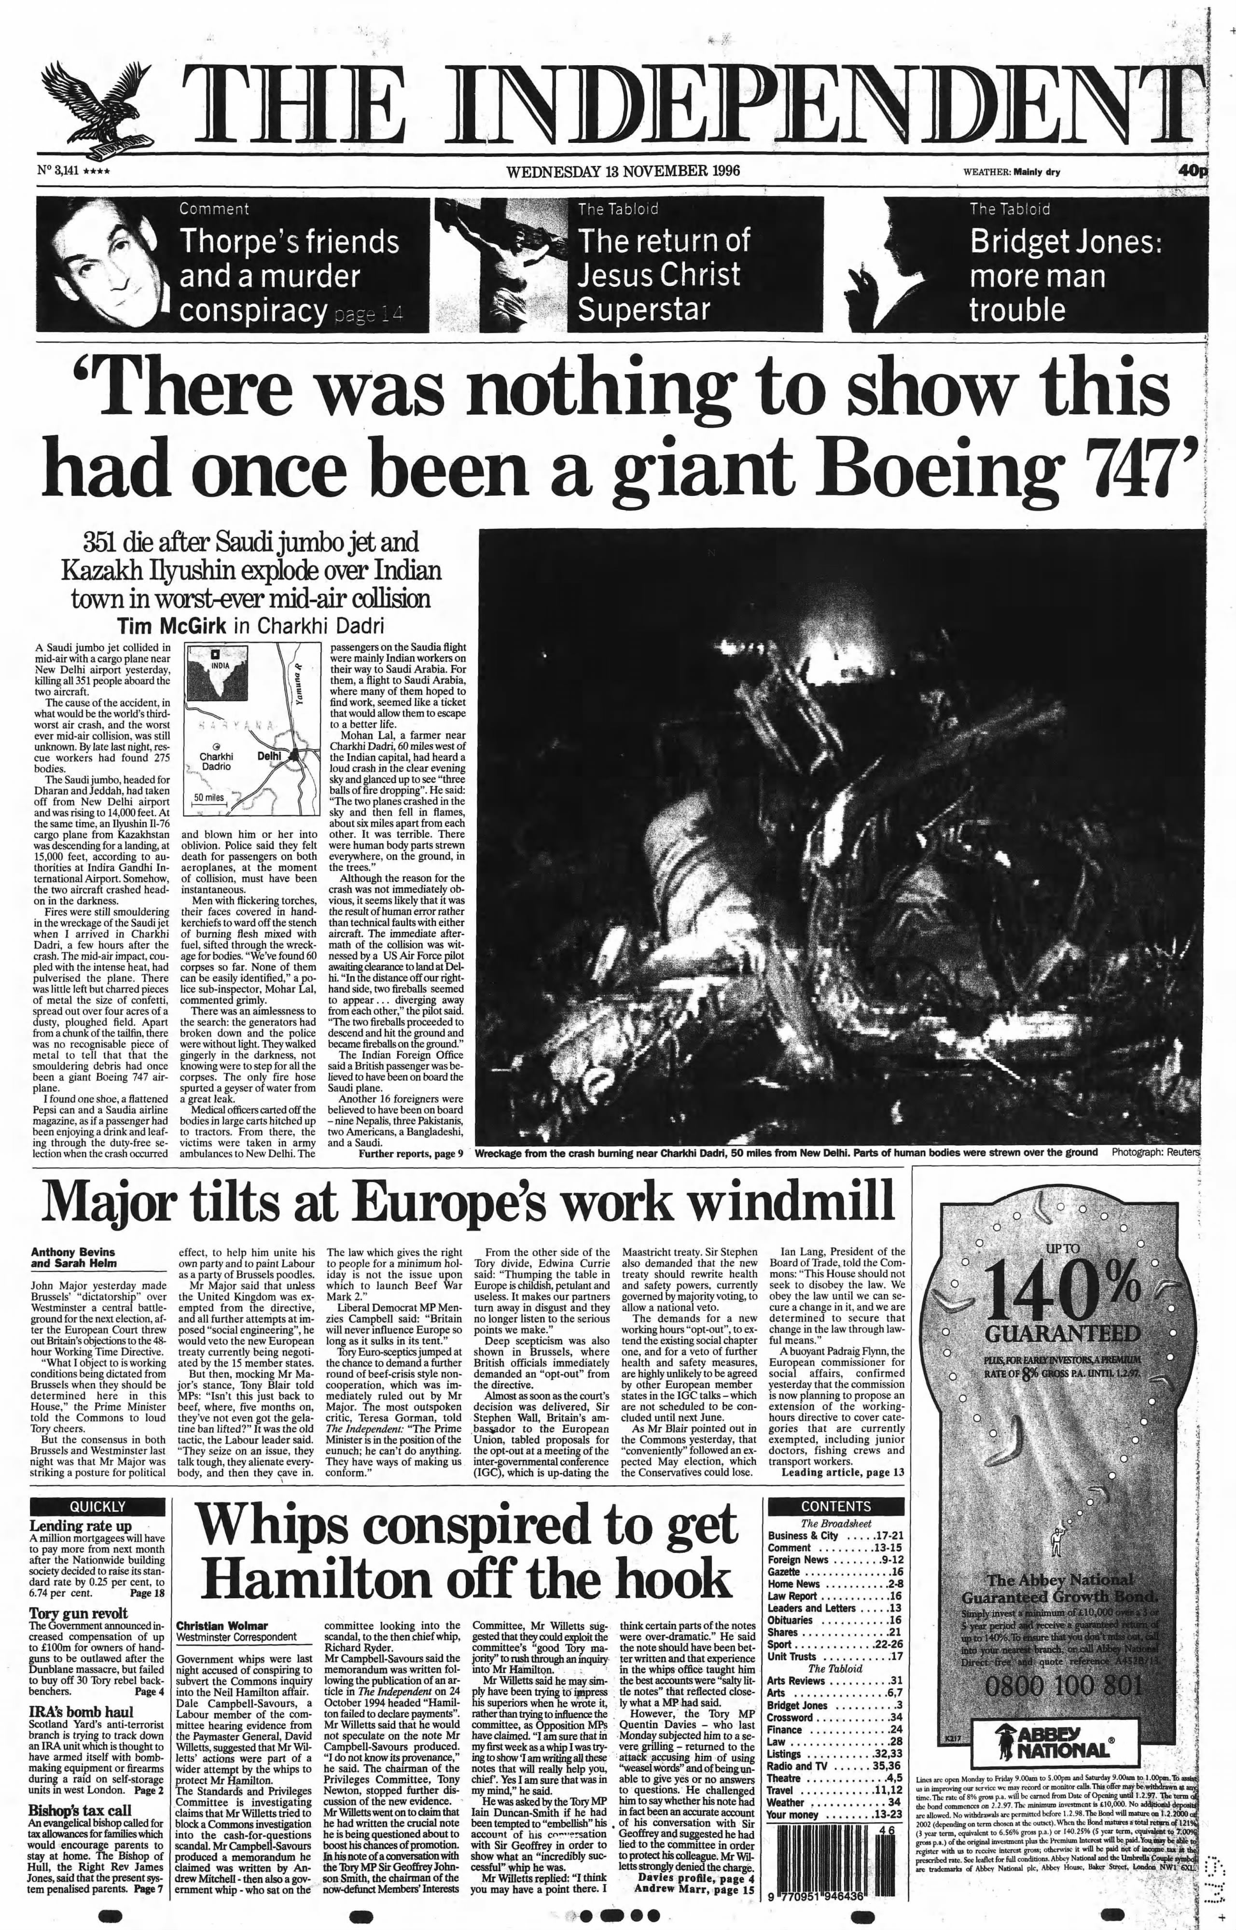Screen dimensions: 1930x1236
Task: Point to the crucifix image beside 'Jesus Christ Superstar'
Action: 499,264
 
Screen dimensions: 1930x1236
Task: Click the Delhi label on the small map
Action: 269,755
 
